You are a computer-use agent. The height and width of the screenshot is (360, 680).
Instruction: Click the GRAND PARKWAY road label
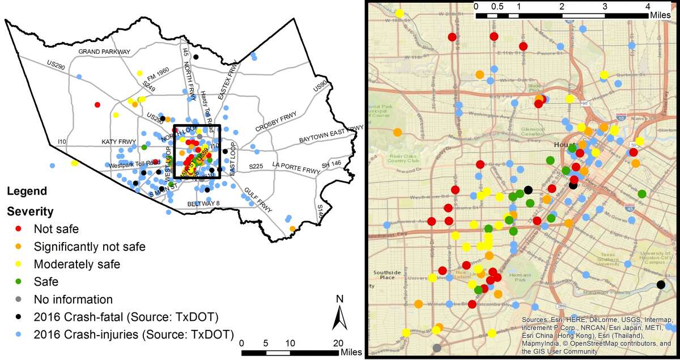point(104,52)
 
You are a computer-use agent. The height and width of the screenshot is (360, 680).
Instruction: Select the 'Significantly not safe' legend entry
point(90,247)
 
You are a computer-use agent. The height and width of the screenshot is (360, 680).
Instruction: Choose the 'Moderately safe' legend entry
point(76,264)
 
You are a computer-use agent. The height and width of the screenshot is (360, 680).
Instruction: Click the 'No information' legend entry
point(73,299)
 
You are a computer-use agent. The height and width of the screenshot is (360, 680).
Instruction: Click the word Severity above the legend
point(30,212)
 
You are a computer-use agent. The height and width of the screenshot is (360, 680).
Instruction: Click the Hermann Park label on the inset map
point(517,277)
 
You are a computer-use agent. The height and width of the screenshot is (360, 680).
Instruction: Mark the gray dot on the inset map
point(436,348)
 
